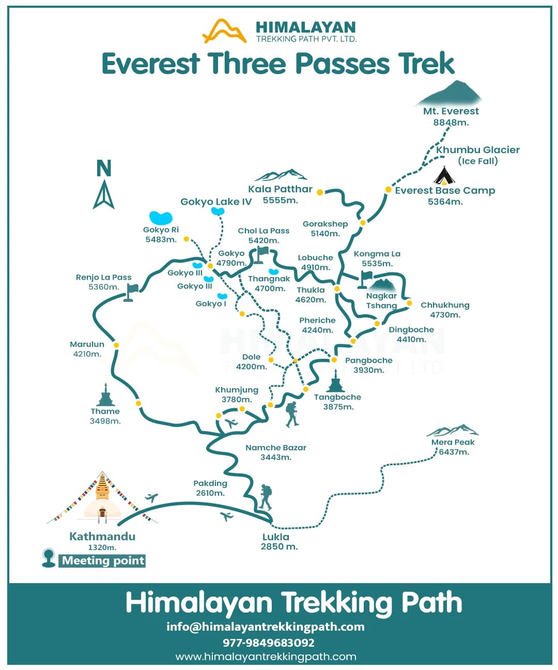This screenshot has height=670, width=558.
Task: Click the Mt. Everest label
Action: pos(451,111)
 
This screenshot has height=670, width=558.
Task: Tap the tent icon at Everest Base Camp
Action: pos(444,176)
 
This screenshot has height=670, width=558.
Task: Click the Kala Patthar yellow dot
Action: pos(320,192)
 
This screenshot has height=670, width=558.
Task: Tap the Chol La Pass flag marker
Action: pos(261,254)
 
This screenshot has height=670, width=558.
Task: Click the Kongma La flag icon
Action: pos(365,278)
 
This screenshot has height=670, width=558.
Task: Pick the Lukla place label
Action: pos(276,537)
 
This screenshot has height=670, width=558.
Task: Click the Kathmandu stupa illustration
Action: pos(103,496)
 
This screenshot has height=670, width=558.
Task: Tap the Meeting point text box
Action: pos(103,561)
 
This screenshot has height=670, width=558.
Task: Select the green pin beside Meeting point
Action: pos(49,558)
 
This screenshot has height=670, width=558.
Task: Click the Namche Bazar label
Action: pos(276,448)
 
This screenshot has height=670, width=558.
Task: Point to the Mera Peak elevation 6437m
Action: pos(454,452)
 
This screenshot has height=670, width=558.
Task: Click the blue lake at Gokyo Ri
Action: pos(160,217)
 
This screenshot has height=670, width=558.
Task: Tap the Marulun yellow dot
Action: pos(116,345)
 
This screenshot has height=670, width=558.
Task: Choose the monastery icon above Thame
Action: pos(105,395)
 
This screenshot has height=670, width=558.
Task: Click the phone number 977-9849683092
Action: pos(269,643)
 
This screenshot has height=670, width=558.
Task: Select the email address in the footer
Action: pos(266,627)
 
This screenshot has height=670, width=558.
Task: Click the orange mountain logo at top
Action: pos(224,31)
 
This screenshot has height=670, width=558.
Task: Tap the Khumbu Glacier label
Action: pos(477,150)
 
